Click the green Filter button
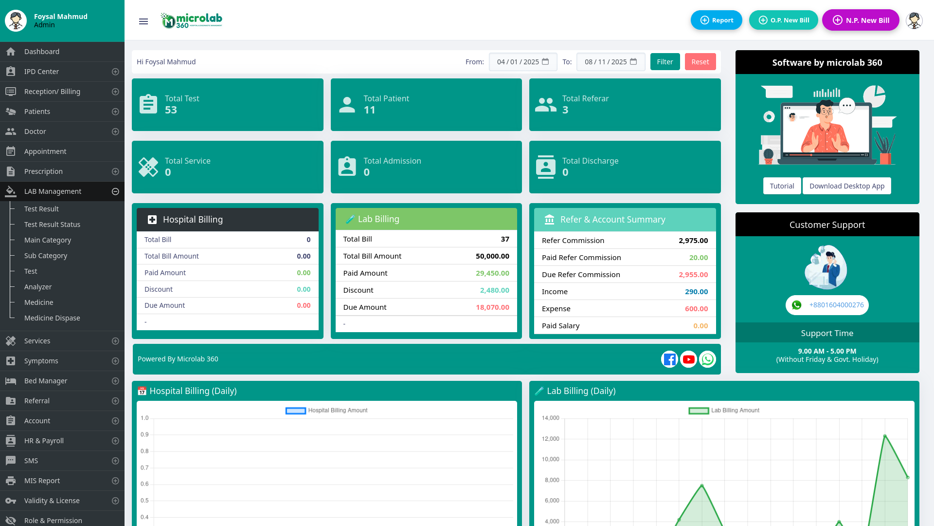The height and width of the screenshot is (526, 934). click(665, 62)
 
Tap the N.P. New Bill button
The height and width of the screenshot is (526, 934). click(861, 20)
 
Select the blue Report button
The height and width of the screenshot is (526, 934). click(717, 20)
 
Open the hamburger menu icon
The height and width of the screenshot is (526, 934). click(144, 21)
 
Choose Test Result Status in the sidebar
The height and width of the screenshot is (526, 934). click(52, 225)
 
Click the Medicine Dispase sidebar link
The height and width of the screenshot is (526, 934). click(52, 318)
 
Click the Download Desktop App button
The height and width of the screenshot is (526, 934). click(847, 186)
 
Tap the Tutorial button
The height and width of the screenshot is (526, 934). click(782, 186)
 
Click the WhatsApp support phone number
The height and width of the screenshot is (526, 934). click(836, 305)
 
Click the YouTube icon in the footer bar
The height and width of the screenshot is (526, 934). click(688, 359)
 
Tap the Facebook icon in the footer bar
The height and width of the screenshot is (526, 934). click(669, 359)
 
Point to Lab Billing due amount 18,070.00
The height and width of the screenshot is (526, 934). click(492, 307)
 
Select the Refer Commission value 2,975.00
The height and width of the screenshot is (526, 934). click(693, 241)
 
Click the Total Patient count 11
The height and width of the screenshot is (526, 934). click(369, 110)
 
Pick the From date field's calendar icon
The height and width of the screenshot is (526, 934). click(545, 62)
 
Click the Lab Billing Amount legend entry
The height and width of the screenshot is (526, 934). click(724, 411)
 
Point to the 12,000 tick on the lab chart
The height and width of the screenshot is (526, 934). click(550, 439)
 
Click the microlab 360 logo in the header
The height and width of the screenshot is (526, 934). click(191, 20)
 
